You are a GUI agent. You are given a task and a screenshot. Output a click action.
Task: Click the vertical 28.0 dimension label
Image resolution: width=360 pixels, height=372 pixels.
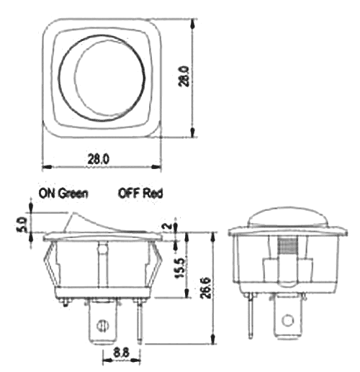pos(203,76)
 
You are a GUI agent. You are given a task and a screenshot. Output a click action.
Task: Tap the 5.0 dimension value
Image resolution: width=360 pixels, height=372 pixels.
pos(21,224)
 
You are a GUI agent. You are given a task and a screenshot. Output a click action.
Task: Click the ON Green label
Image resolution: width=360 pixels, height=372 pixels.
pos(64,193)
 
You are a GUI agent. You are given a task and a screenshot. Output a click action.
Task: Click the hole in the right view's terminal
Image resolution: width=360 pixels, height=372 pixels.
pos(289,320)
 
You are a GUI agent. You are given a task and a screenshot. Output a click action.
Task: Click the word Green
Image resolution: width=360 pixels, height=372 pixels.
pos(73,193)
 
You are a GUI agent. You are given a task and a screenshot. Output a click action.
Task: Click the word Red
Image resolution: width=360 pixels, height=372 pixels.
pos(154,193)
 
